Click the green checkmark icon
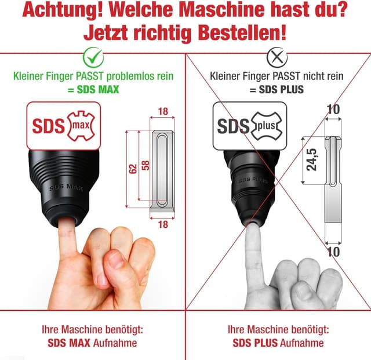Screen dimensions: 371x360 pos(93,57)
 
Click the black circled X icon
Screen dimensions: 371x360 pos(277,57)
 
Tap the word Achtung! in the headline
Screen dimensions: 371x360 pos(63,10)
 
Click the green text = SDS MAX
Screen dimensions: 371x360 pos(93,89)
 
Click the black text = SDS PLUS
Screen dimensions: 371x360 pos(277,89)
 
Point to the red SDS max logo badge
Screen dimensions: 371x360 pos(64,126)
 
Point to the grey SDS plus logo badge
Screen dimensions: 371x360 pos(250,126)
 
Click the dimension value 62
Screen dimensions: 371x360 pos(133,169)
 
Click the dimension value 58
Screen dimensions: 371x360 pos(146,165)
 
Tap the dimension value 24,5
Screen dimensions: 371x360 pos(311,159)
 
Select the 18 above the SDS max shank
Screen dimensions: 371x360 pos(163,111)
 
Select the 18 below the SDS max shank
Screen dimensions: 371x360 pos(163,224)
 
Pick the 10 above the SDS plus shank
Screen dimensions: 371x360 pos(333,110)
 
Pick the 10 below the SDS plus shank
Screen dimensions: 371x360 pos(333,252)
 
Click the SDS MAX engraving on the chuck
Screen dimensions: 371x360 pos(66,187)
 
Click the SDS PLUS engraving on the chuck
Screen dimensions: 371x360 pos(253,180)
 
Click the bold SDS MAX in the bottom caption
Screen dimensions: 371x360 pos(69,343)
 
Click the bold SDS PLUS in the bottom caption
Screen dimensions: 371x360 pos(255,343)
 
